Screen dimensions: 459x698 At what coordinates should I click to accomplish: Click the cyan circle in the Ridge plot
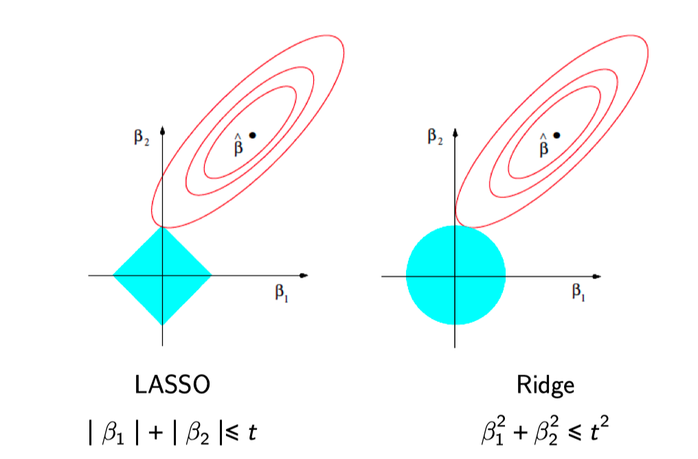[x=455, y=275]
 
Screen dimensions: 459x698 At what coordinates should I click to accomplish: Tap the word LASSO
[x=172, y=385]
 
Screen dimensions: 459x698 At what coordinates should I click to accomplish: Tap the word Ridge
[x=545, y=385]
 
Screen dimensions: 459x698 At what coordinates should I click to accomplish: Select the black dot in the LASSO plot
[x=252, y=135]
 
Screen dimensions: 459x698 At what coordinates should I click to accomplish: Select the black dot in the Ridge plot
[x=556, y=135]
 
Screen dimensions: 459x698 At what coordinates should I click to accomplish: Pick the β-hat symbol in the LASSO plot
[x=238, y=146]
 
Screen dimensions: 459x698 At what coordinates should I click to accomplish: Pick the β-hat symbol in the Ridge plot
[x=543, y=146]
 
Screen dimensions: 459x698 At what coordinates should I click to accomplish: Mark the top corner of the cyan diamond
[x=162, y=227]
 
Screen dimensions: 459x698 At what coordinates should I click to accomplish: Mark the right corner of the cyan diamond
[x=211, y=276]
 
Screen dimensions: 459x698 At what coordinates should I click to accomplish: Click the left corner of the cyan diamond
[x=113, y=276]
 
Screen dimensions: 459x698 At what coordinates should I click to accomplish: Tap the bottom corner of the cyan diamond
[x=162, y=324]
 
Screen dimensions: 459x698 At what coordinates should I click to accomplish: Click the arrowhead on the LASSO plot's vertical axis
[x=162, y=128]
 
